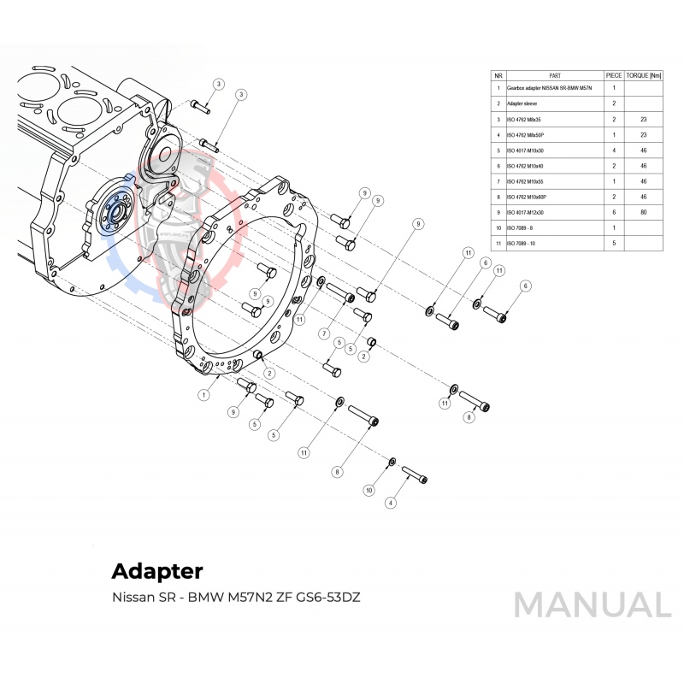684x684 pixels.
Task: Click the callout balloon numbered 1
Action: click(x=203, y=395)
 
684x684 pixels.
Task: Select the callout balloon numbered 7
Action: click(x=325, y=333)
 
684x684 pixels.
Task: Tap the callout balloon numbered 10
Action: click(x=369, y=491)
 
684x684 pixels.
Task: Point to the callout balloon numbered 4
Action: click(x=391, y=503)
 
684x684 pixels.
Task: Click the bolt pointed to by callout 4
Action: click(x=413, y=473)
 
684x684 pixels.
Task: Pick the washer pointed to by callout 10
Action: click(x=392, y=463)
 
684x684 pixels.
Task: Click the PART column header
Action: click(x=554, y=75)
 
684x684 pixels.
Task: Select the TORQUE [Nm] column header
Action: click(x=643, y=75)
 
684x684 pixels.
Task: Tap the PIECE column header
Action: click(x=614, y=75)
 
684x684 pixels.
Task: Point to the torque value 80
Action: click(x=643, y=212)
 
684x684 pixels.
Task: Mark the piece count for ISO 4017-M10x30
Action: click(x=614, y=150)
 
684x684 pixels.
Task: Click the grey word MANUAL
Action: click(x=592, y=604)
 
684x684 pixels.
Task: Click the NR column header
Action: click(x=498, y=75)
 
